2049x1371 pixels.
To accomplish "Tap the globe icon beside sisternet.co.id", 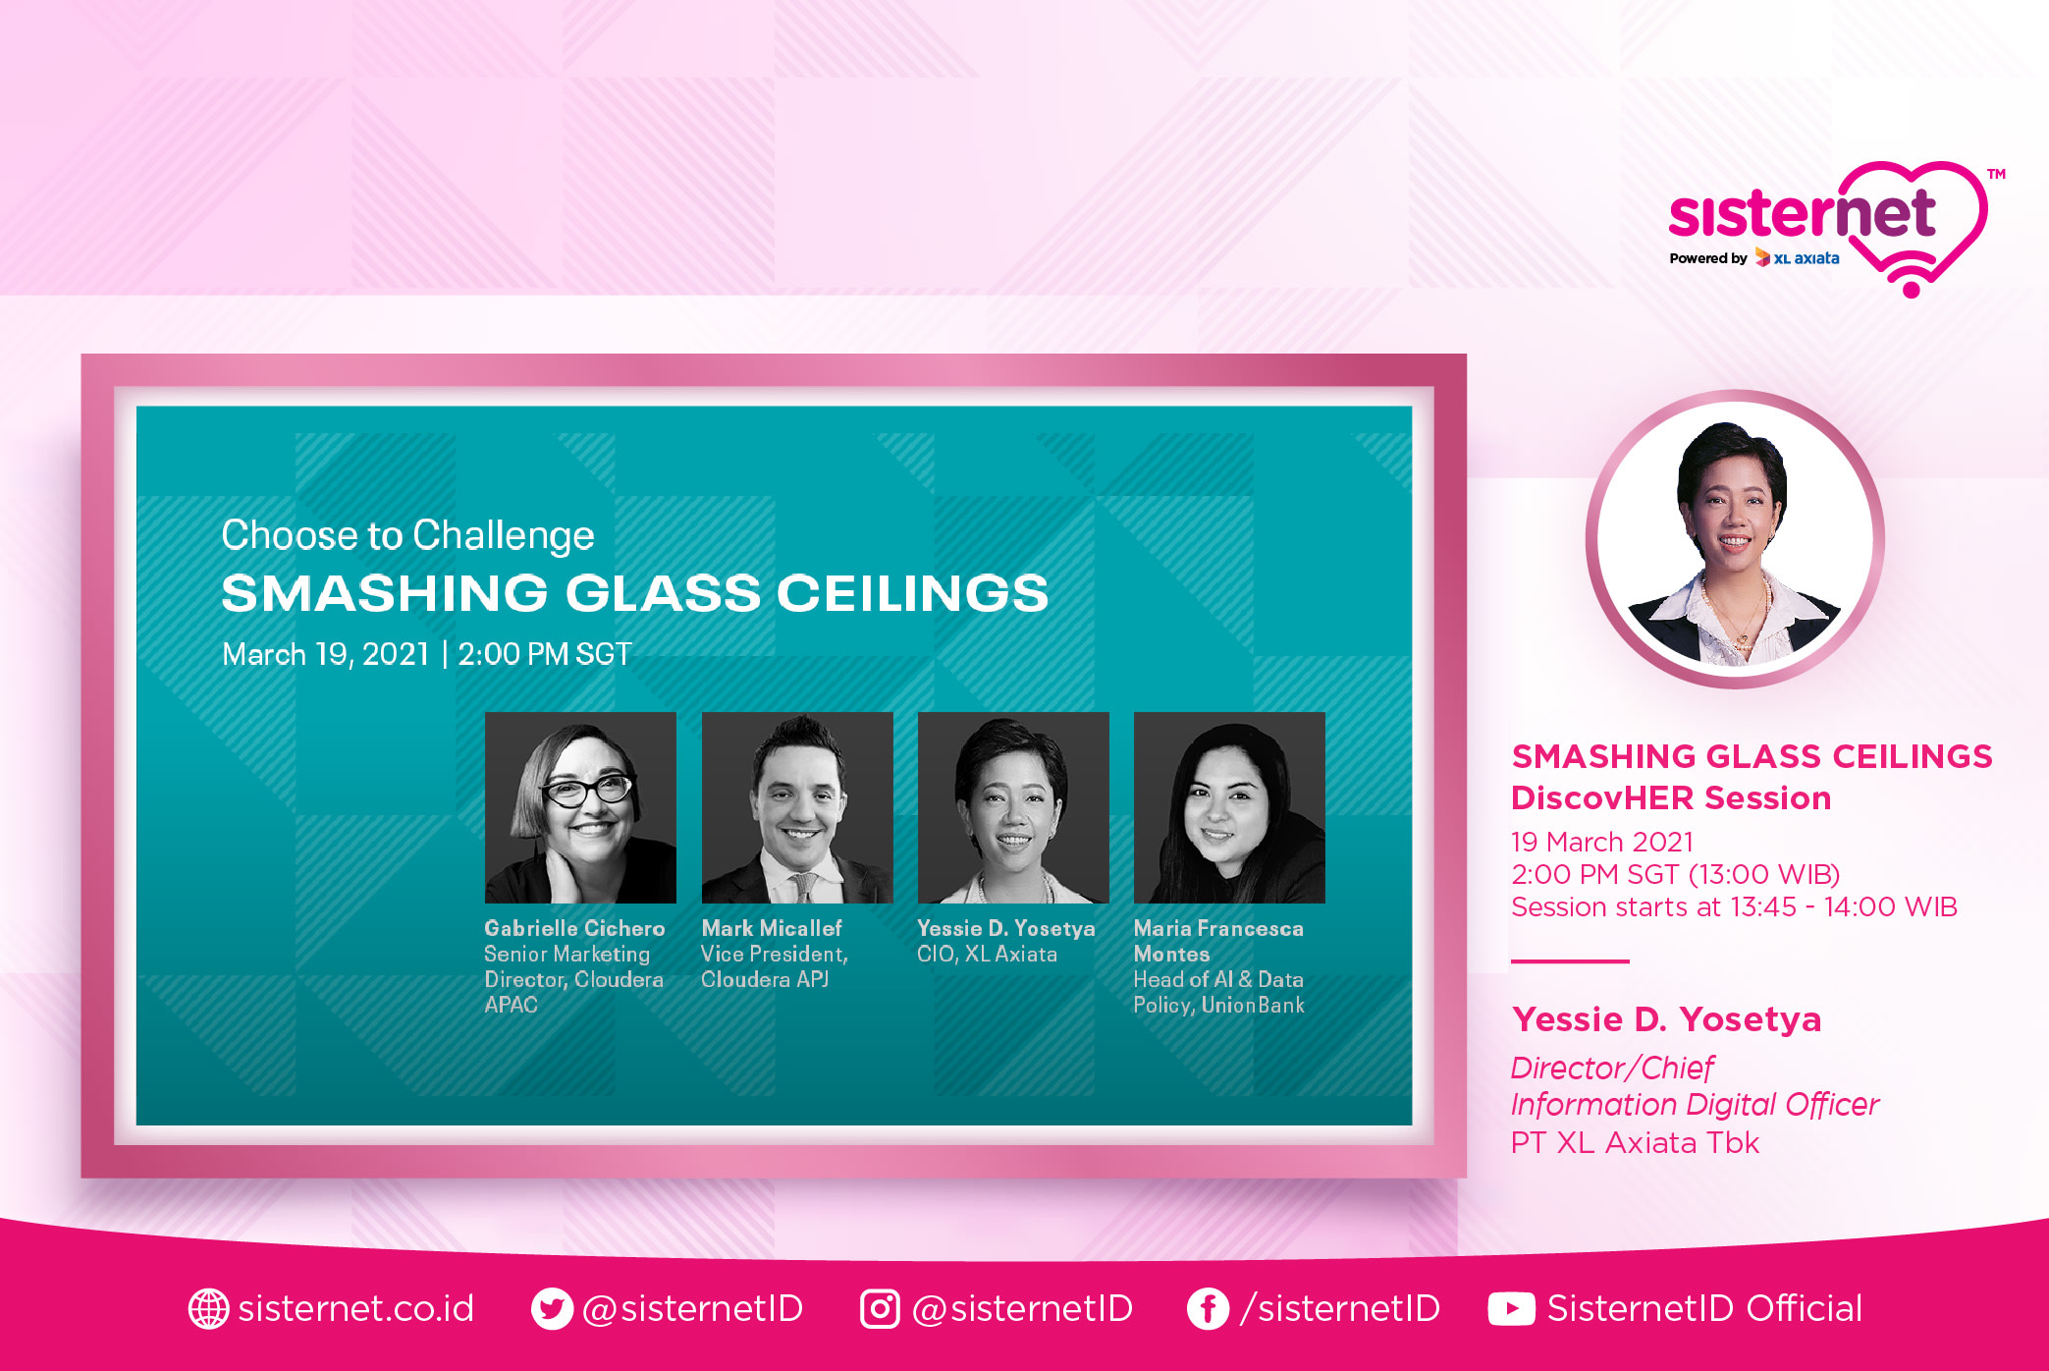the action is click(208, 1308).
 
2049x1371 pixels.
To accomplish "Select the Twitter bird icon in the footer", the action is click(552, 1308).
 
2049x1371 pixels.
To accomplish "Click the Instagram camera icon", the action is click(880, 1308).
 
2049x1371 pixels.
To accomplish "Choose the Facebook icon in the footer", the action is click(1208, 1308).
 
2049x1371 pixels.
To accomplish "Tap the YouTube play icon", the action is click(1511, 1308).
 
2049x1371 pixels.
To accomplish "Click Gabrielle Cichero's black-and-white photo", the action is click(580, 807).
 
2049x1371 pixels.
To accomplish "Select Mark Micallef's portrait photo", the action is click(797, 807).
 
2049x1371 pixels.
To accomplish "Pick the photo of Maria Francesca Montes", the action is click(1229, 807).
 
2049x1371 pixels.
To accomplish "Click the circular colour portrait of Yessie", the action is click(1735, 539).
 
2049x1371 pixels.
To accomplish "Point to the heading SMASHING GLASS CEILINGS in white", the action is click(635, 593).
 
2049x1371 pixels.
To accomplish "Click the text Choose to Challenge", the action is click(407, 535).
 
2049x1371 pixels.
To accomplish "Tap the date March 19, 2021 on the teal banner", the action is click(326, 654).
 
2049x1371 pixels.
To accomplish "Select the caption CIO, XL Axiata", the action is click(987, 954).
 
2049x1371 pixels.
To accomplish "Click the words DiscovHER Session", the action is click(1671, 797).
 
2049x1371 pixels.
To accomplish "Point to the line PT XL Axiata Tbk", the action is click(1635, 1142).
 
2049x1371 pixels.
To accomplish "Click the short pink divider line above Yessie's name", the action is click(1570, 961).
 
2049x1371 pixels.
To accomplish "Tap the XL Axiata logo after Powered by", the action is click(1797, 258).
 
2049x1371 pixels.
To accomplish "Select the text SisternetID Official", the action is click(1704, 1308).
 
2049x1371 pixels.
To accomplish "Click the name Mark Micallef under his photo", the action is click(772, 928).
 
